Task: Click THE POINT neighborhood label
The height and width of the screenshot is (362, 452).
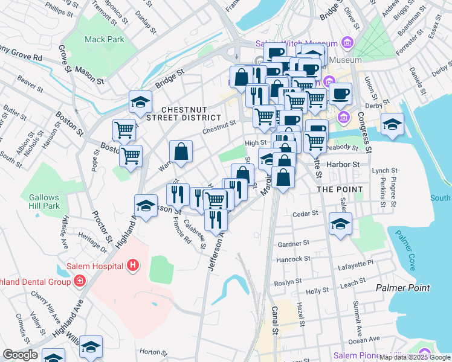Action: click(340, 189)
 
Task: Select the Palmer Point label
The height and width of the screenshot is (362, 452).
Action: click(402, 288)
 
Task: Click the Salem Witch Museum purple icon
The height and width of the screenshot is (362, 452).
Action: click(347, 43)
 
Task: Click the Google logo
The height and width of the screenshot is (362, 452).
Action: click(21, 355)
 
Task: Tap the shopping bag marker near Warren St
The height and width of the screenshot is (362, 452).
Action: click(181, 153)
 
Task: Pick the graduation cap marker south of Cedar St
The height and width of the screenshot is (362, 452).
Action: click(341, 224)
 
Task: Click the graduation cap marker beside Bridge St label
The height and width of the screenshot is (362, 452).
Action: click(140, 103)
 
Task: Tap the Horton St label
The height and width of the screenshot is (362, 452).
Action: click(153, 352)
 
